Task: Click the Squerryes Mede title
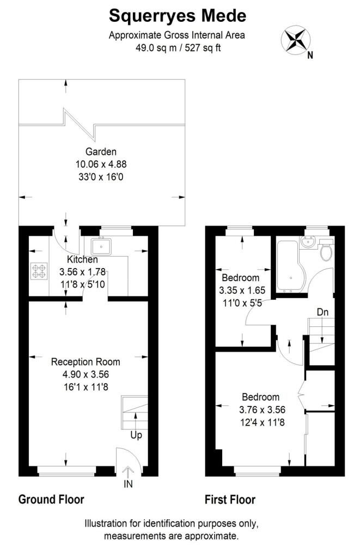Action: pyautogui.click(x=178, y=16)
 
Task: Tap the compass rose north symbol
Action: pyautogui.click(x=296, y=39)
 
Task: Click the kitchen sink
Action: pyautogui.click(x=101, y=246)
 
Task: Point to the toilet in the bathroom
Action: pyautogui.click(x=326, y=250)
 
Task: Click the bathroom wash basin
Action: pyautogui.click(x=308, y=241)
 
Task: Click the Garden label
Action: pyautogui.click(x=101, y=151)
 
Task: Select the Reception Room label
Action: pyautogui.click(x=86, y=362)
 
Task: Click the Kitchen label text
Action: pyautogui.click(x=82, y=259)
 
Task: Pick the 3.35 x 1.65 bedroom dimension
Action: pyautogui.click(x=242, y=290)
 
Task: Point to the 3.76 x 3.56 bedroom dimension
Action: pyautogui.click(x=262, y=410)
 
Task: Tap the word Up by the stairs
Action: pyautogui.click(x=136, y=435)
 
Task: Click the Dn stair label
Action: pyautogui.click(x=322, y=312)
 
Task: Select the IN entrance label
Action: pyautogui.click(x=128, y=484)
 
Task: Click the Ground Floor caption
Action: pyautogui.click(x=51, y=499)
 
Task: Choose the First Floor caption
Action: pyautogui.click(x=230, y=500)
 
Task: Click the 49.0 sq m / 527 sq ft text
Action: pyautogui.click(x=178, y=48)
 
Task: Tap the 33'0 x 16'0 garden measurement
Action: pyautogui.click(x=101, y=177)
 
